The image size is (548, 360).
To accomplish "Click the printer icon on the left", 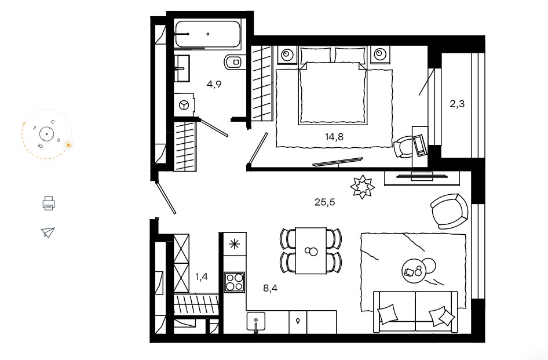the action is [49, 203].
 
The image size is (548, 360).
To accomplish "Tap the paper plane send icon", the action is [48, 232].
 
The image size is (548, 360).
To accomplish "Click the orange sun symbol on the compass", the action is [69, 145].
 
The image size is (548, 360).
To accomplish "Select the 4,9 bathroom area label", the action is [214, 84].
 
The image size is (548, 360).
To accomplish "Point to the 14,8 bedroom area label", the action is [334, 137].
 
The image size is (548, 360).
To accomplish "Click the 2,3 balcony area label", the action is [457, 104].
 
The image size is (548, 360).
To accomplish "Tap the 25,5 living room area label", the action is [324, 202].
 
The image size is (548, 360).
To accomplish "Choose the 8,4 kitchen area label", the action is [271, 288].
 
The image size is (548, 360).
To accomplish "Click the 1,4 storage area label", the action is [202, 277].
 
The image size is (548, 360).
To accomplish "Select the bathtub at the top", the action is [208, 34].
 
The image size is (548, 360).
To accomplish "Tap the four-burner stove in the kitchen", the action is [235, 282].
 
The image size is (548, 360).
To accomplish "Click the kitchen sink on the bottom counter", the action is [256, 322].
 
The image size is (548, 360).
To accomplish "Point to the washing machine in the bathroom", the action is [184, 104].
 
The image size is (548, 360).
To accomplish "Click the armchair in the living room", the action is [449, 212].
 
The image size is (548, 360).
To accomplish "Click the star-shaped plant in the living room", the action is [363, 187].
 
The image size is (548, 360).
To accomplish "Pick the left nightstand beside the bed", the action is [288, 55].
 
